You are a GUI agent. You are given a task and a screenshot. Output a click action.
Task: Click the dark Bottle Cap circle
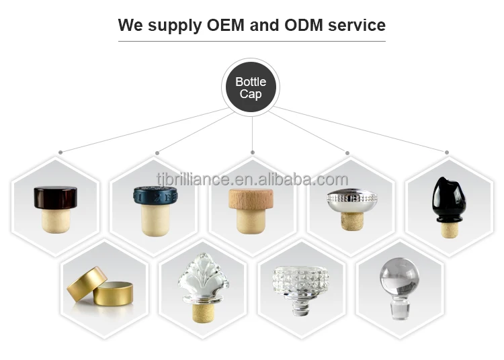click(x=251, y=88)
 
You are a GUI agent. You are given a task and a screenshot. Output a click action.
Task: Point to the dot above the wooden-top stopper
click(x=253, y=152)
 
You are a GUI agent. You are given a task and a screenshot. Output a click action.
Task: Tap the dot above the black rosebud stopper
click(x=446, y=152)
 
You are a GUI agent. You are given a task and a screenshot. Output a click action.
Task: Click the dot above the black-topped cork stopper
click(x=60, y=152)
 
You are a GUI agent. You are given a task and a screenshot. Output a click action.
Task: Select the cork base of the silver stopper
click(x=350, y=221)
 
